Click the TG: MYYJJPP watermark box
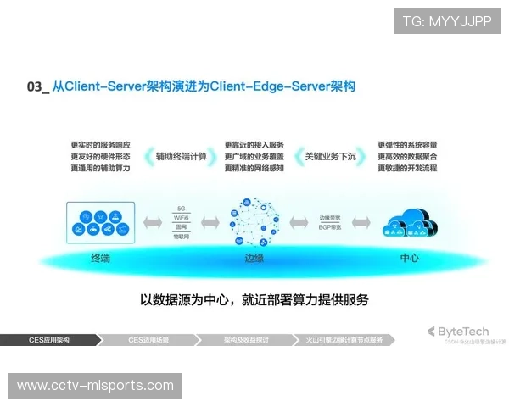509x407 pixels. pyautogui.click(x=447, y=20)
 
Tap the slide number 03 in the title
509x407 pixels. pyautogui.click(x=35, y=86)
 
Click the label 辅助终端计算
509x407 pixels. pyautogui.click(x=180, y=156)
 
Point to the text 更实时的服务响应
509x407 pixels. pyautogui.click(x=99, y=144)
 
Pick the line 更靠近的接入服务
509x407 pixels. pyautogui.click(x=254, y=144)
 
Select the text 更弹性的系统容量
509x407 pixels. pyautogui.click(x=407, y=144)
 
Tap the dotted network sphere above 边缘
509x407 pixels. pyautogui.click(x=254, y=222)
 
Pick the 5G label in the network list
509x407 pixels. pyautogui.click(x=181, y=208)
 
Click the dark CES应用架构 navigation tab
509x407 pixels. pyautogui.click(x=49, y=339)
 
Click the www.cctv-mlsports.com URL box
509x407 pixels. pyautogui.click(x=95, y=386)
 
